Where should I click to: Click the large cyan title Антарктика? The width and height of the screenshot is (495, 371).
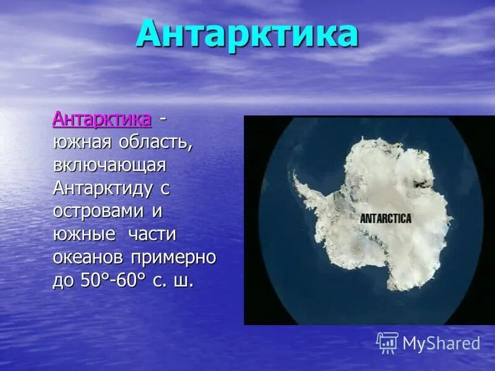(x=247, y=35)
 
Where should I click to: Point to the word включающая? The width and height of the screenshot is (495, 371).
(x=110, y=165)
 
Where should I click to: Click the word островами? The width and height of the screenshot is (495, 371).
(x=99, y=211)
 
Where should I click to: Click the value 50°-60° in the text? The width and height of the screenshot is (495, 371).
(x=114, y=280)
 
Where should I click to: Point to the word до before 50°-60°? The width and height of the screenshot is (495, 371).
(x=64, y=281)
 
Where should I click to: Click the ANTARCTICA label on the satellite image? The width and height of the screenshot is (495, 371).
(x=385, y=218)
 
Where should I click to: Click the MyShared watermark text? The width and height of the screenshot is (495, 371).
(x=441, y=343)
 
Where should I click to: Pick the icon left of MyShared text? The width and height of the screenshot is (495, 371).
(x=387, y=343)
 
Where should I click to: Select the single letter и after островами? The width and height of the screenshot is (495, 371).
(x=157, y=211)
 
